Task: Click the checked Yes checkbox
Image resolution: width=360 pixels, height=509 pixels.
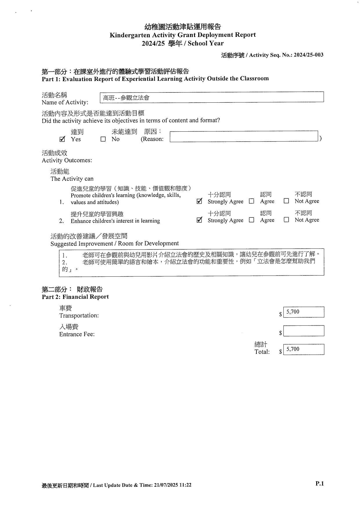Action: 62,139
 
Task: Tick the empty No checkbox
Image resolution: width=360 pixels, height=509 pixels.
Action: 103,139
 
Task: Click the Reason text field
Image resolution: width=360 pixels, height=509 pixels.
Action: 244,136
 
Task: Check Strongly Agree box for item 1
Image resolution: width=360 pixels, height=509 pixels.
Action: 199,201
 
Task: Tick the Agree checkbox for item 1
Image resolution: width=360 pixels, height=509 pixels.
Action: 252,201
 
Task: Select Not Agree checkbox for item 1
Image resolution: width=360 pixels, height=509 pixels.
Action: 286,201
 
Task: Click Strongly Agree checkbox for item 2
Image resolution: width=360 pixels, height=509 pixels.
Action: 199,220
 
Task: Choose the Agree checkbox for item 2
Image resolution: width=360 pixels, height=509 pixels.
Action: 252,220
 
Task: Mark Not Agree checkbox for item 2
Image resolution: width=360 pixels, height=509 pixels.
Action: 286,220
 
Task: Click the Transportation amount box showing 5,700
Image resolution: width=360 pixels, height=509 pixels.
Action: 303,312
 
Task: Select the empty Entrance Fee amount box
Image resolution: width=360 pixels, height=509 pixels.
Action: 303,331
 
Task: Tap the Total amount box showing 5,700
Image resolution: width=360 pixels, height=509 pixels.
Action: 303,349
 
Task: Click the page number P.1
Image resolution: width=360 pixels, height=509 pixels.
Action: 319,483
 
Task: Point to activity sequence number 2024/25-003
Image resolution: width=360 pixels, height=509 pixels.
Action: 308,55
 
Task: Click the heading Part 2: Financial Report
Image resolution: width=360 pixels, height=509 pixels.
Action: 75,297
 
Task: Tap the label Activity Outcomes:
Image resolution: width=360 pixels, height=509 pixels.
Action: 67,160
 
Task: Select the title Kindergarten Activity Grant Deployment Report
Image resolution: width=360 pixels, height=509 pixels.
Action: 182,35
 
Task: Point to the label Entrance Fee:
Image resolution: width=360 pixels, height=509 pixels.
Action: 77,334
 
